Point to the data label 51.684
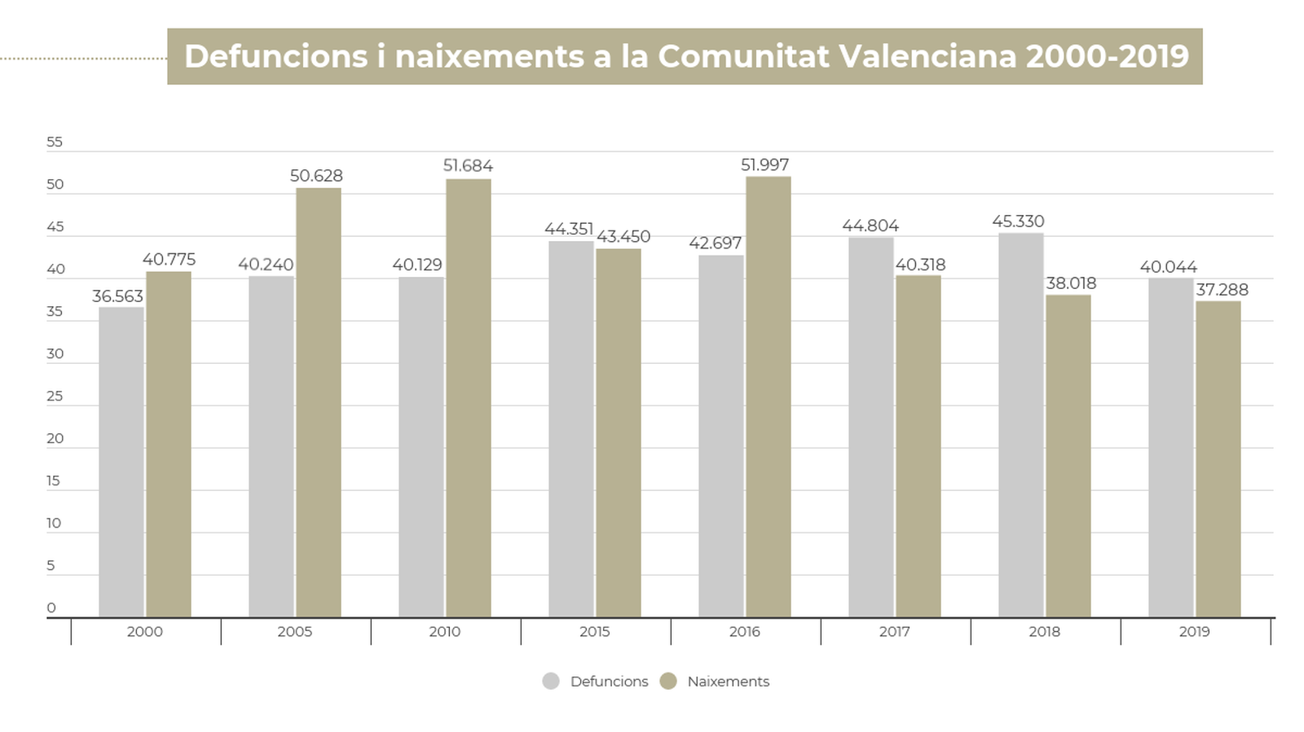click(x=468, y=166)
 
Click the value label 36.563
click(x=117, y=296)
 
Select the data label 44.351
click(x=569, y=230)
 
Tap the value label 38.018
click(x=1071, y=283)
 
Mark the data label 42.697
click(x=716, y=243)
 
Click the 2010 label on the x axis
click(x=444, y=632)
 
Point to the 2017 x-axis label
click(x=894, y=632)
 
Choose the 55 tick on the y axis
click(x=55, y=142)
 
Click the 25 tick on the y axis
click(x=55, y=397)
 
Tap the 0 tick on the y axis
click(x=51, y=608)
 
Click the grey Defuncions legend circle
click(x=551, y=682)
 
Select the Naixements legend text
click(x=728, y=682)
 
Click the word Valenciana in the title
click(x=927, y=56)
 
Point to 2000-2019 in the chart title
click(x=1108, y=56)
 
